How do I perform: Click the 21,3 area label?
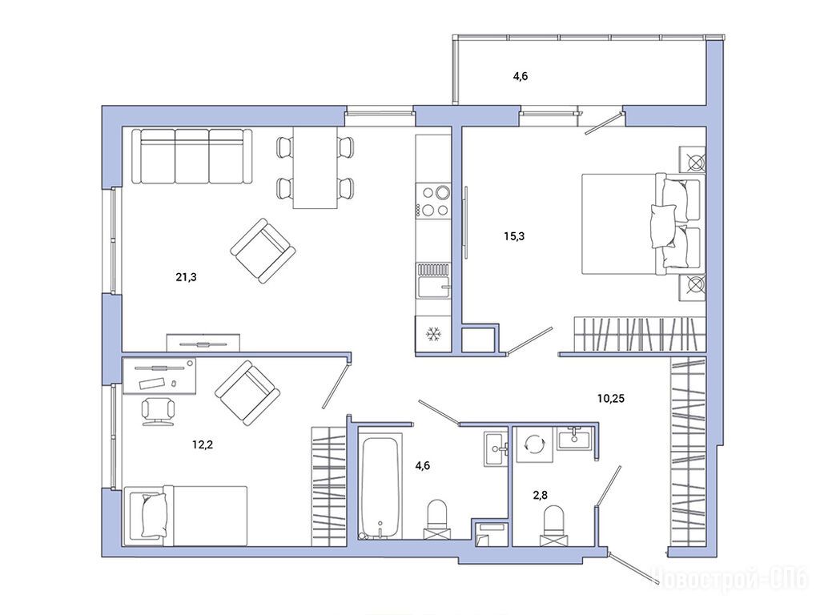pos(186,277)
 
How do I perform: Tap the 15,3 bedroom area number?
pos(514,236)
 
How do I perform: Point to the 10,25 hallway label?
pos(611,399)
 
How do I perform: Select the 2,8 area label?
pos(541,495)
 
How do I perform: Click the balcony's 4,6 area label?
pos(521,76)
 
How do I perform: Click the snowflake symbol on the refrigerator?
pos(433,334)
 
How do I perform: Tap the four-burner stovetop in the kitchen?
pos(433,201)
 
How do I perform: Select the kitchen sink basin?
pos(433,287)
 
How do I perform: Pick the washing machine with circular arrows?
pos(534,444)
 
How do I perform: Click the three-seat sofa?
pos(192,156)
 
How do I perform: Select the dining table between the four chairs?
pos(315,167)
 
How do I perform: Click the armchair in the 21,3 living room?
pos(263,251)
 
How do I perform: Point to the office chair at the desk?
pos(158,411)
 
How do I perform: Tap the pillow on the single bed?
pos(155,516)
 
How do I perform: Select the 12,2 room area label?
pos(203,445)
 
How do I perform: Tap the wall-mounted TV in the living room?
pos(203,344)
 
